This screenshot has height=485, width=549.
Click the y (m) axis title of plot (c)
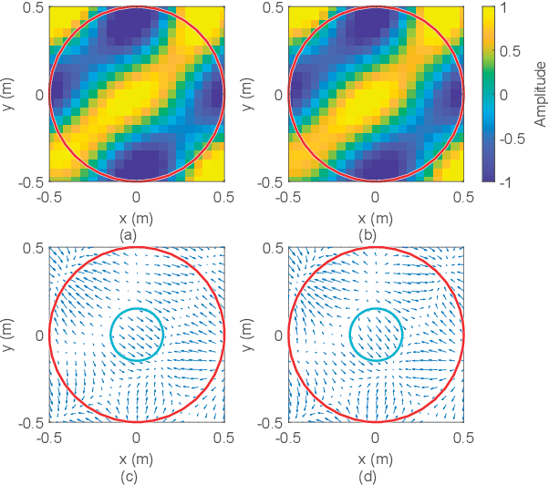tap(8, 335)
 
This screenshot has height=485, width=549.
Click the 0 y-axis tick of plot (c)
tap(36, 335)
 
